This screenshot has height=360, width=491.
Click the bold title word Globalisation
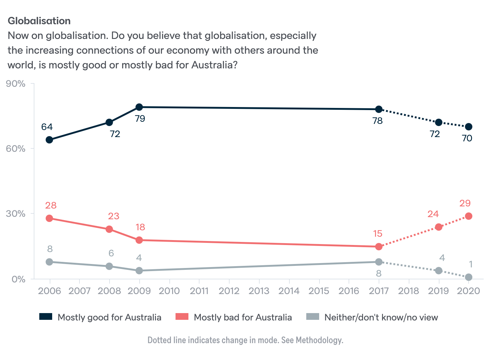(x=39, y=21)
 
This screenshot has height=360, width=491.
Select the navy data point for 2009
(x=139, y=107)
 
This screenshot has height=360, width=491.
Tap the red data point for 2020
(x=468, y=216)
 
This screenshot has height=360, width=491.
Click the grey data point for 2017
(x=379, y=262)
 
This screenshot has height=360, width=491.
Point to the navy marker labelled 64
(x=49, y=140)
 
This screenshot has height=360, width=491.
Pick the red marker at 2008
(x=109, y=229)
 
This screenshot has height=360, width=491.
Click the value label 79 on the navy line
(x=140, y=119)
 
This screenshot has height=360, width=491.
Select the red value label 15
(x=378, y=234)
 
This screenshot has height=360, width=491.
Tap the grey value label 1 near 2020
(x=470, y=264)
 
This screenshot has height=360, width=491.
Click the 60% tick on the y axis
(x=16, y=149)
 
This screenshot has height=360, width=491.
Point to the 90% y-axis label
(x=16, y=84)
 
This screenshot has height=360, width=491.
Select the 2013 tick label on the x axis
(x=259, y=291)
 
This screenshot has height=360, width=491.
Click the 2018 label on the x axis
(x=408, y=291)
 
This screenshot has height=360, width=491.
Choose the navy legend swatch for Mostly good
(x=46, y=317)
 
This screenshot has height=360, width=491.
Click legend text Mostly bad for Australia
(x=242, y=317)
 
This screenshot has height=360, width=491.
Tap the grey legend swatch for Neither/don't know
(x=313, y=317)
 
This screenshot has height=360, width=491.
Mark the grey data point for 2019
(x=439, y=270)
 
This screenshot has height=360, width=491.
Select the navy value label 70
(x=467, y=138)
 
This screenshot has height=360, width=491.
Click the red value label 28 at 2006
(x=51, y=205)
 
